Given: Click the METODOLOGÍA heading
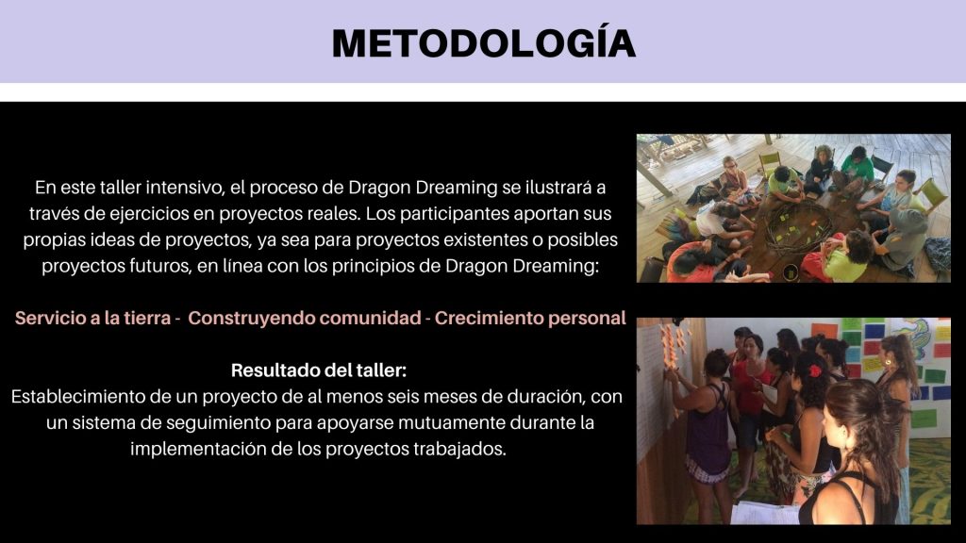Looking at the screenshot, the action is (x=484, y=42).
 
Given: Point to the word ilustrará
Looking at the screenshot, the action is (x=565, y=188).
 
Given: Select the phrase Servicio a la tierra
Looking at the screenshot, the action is (x=93, y=319).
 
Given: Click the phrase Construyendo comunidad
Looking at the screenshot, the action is (x=305, y=319).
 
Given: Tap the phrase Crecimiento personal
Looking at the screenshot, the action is (x=530, y=319).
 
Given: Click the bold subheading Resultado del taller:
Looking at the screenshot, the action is (x=319, y=370).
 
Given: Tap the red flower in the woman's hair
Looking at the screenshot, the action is (x=815, y=370).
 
